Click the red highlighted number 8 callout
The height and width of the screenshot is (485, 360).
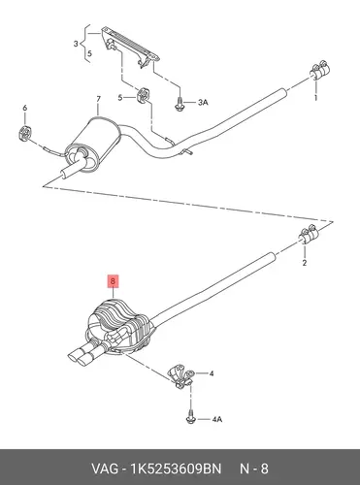(113, 281)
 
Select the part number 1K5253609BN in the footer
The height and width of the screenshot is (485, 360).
(177, 469)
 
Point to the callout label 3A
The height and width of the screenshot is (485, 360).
(203, 103)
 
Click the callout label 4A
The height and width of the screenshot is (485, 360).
(217, 419)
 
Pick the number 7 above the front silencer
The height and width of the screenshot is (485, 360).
(98, 99)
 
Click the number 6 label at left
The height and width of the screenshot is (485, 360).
(25, 108)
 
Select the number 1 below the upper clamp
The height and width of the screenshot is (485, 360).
(316, 97)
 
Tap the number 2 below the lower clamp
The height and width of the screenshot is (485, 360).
(305, 263)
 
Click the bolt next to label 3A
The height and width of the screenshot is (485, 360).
(179, 104)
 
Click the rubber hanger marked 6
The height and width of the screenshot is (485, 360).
(24, 133)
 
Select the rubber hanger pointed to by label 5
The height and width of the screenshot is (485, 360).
(143, 94)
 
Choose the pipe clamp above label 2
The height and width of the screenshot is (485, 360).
(308, 235)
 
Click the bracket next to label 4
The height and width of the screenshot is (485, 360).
(180, 375)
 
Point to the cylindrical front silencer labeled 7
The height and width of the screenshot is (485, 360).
(92, 144)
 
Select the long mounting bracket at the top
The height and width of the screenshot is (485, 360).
(130, 47)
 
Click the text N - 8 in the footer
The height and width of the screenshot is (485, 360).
(254, 469)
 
